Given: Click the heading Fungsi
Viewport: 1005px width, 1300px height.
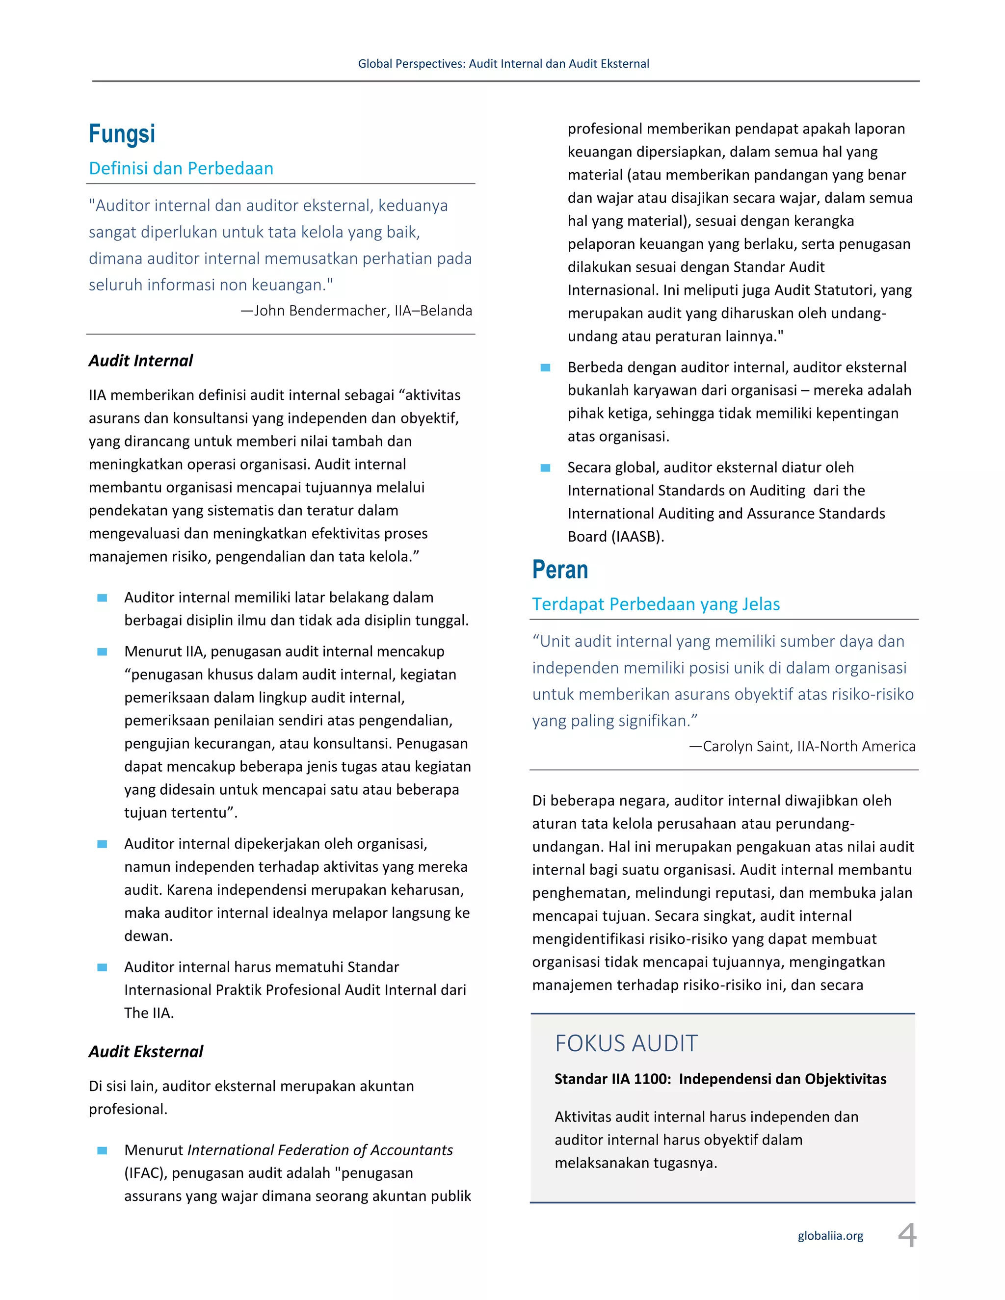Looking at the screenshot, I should point(122,134).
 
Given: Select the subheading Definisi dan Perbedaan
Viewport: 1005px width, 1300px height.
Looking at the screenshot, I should point(181,168).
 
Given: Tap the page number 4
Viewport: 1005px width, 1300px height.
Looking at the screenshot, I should point(907,1235).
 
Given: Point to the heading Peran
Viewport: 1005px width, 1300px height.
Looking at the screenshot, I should point(559,570).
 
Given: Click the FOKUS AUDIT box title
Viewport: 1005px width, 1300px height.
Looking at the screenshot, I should point(626,1044).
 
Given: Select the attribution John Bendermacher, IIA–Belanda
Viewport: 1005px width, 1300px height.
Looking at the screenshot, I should point(356,311).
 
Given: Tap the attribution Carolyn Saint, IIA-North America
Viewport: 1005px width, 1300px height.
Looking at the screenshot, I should point(802,747).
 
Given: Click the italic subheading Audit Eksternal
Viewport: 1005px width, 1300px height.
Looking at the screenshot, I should point(146,1052).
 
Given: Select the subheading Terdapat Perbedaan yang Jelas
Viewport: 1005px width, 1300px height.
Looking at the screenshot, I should point(656,604).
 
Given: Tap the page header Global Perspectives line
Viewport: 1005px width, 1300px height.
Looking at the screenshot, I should point(503,64).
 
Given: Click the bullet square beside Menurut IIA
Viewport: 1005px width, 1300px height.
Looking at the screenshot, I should point(103,652).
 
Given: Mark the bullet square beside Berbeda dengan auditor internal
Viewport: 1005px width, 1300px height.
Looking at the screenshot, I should point(545,368).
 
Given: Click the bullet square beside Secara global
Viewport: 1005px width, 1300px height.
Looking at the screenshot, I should point(545,468).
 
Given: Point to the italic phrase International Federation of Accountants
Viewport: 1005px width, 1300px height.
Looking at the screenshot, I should point(320,1150).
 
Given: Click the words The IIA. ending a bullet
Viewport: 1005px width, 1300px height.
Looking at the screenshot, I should point(149,1013).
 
